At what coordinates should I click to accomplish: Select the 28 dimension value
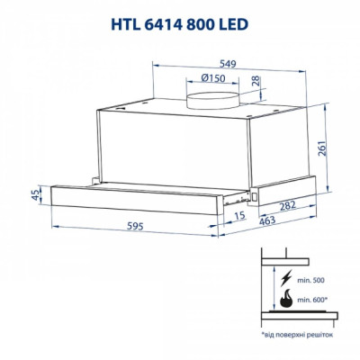pos(257,84)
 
